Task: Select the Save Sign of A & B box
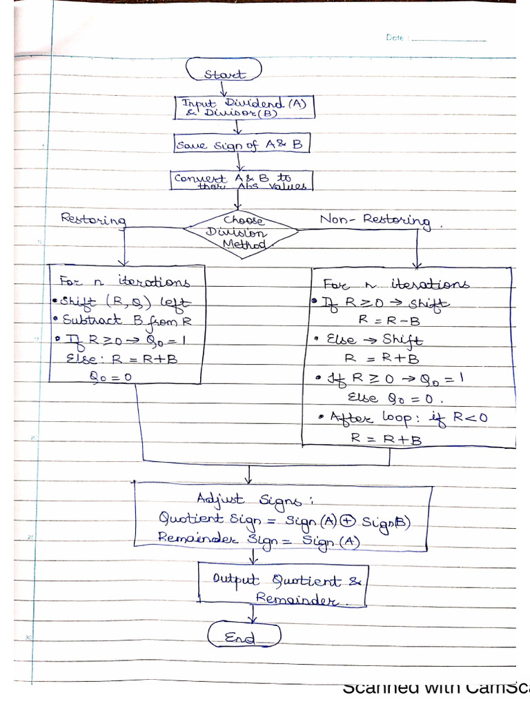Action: click(242, 145)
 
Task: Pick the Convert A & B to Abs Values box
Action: click(242, 181)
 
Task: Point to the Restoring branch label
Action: click(94, 219)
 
